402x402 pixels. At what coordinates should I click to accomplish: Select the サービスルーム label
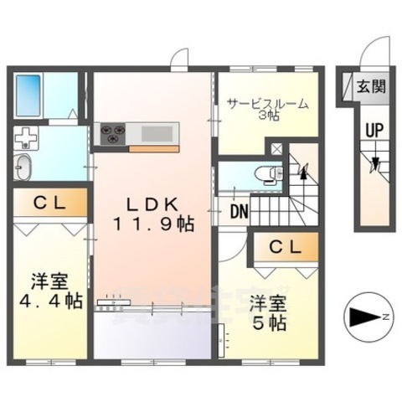pos(267,104)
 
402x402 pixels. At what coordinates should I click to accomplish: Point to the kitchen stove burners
pos(111,131)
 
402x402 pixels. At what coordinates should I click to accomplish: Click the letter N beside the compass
pos(384,317)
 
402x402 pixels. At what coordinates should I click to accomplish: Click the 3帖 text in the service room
pos(267,116)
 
